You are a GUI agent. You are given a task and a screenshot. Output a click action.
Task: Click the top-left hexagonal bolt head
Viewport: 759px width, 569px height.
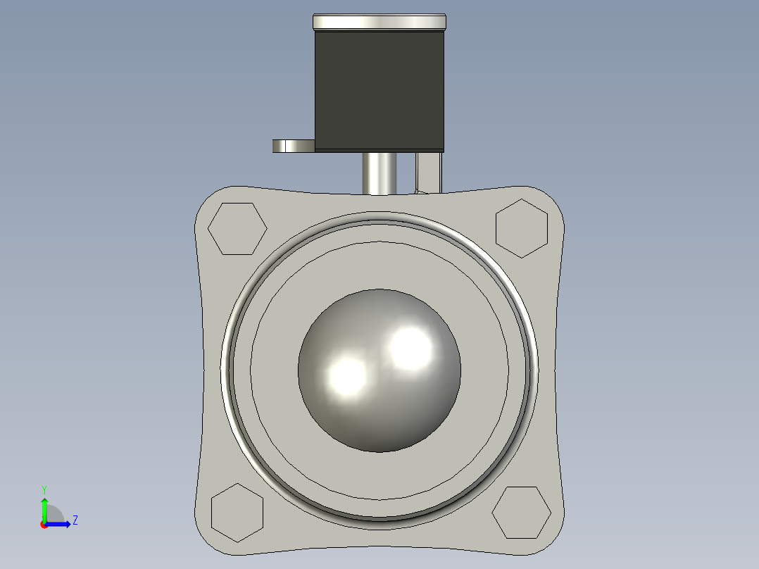click(238, 229)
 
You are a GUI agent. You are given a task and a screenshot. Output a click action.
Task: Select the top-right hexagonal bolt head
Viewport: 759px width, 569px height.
click(522, 227)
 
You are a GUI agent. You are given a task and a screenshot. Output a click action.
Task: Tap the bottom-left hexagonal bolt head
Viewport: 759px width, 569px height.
click(237, 513)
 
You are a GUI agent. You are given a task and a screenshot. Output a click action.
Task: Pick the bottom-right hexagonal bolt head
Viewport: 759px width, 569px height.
click(522, 512)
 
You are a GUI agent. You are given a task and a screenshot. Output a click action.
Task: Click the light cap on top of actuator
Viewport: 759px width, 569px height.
click(379, 22)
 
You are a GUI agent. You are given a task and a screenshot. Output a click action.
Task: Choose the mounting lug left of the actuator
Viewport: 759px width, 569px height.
click(292, 146)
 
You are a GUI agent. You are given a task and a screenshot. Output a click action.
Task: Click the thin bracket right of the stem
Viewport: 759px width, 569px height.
click(429, 172)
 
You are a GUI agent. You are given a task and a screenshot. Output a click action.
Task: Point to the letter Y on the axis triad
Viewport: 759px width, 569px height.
click(44, 489)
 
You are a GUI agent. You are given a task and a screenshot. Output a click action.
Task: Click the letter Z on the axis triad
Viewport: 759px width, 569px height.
click(75, 520)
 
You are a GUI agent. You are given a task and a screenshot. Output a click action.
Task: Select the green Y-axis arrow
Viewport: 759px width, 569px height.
click(44, 508)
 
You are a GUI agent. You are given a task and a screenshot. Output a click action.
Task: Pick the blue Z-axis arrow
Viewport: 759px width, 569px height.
click(60, 523)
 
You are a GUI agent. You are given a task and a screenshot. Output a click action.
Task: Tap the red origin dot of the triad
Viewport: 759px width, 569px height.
click(44, 525)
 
